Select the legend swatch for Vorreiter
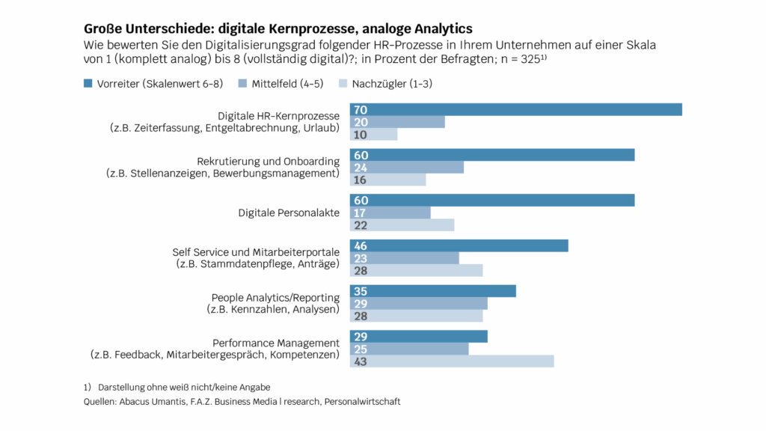tap(88, 84)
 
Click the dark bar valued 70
tap(516, 110)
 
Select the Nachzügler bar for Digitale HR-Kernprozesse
tap(374, 135)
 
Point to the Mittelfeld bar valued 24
tap(407, 168)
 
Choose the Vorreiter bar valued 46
tap(459, 246)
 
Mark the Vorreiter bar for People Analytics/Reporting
tap(433, 292)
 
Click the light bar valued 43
tap(452, 361)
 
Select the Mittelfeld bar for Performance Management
tap(409, 349)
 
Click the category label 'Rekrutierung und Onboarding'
tap(268, 162)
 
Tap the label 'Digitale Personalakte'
tap(289, 213)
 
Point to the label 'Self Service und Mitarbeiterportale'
tap(256, 252)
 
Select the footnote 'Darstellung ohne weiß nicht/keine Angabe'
tap(184, 388)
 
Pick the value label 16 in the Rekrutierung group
tap(361, 180)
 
